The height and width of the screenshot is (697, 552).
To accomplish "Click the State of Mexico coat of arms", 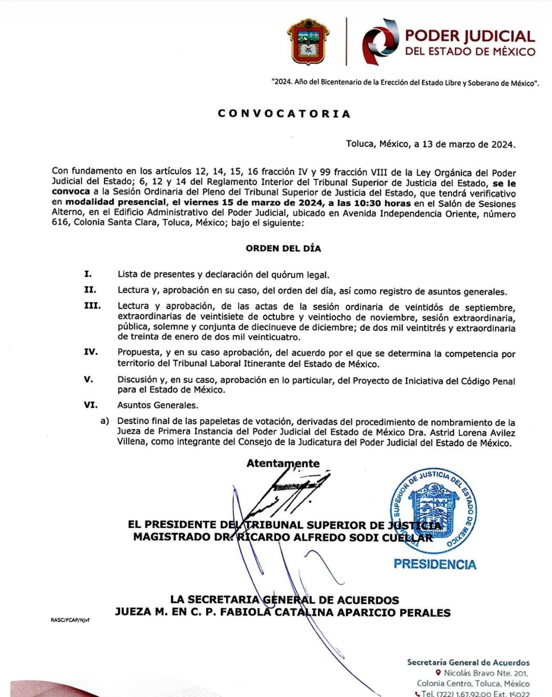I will click(x=308, y=42).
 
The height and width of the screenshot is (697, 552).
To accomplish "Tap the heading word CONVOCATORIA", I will click(x=284, y=114).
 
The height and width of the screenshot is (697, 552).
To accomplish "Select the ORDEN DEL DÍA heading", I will click(x=283, y=249).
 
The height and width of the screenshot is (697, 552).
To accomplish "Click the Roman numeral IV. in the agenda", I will click(x=91, y=352).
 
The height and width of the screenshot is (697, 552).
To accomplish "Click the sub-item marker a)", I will click(x=105, y=421).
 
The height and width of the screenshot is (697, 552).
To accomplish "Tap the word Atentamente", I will click(x=283, y=464).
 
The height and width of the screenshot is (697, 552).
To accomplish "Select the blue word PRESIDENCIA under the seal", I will click(x=435, y=565).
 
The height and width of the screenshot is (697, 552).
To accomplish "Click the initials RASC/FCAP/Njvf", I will click(x=70, y=620).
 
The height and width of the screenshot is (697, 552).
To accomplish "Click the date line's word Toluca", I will click(x=360, y=144).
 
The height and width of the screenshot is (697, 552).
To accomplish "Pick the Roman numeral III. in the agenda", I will click(x=92, y=306).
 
